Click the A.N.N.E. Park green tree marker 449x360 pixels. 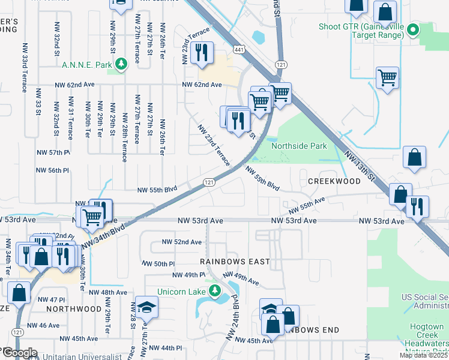pos(121,64)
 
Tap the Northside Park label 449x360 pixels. pos(299,146)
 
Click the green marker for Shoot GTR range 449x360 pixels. pos(412,29)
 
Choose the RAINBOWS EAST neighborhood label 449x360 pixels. pos(236,262)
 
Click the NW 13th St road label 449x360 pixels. pos(360,167)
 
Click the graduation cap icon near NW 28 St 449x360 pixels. pos(146,308)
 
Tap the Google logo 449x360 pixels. pos(19,353)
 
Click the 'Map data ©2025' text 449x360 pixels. pos(423,355)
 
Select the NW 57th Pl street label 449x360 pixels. pos(53,153)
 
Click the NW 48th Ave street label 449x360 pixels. pos(108,292)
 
